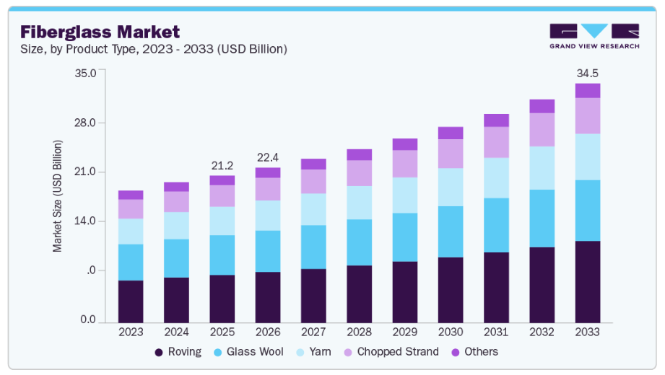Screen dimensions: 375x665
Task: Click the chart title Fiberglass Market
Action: tap(100, 32)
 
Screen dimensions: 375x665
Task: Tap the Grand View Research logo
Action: tap(594, 36)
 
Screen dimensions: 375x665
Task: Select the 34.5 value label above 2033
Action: tap(587, 74)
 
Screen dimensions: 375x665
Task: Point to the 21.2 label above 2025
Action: tap(222, 166)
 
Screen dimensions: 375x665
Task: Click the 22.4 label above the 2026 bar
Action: tap(267, 158)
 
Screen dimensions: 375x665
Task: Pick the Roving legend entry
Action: tap(178, 352)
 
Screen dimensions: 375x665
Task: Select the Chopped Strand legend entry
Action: tap(390, 352)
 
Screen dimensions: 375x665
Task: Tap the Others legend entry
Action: tap(474, 352)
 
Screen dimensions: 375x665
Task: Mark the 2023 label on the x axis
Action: tap(131, 332)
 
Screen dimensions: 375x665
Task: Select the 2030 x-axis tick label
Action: tap(451, 332)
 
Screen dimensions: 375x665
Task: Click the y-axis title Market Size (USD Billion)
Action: tap(58, 195)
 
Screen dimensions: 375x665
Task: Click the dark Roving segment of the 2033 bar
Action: tap(587, 282)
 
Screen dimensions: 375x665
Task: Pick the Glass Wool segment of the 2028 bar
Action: tap(359, 242)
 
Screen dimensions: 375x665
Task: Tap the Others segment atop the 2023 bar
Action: tap(131, 195)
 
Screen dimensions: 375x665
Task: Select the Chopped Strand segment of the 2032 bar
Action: tap(542, 130)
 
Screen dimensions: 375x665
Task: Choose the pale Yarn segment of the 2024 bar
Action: tap(176, 226)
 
